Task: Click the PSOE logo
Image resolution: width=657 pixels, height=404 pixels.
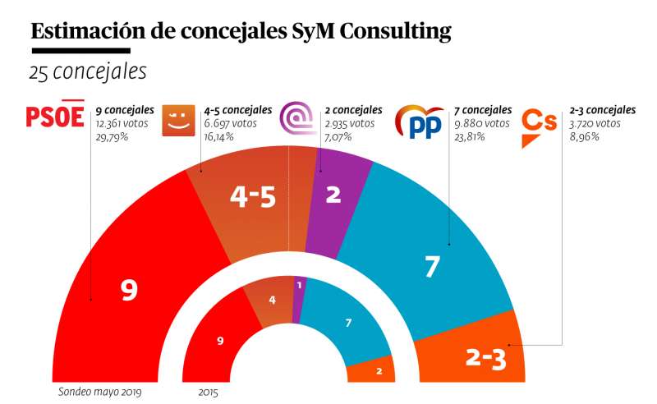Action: pos(56,117)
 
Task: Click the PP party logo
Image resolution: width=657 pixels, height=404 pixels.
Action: pos(419,122)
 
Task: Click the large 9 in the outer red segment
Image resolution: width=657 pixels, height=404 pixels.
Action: pos(128,290)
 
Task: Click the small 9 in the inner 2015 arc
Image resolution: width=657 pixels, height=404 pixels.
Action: pos(220,340)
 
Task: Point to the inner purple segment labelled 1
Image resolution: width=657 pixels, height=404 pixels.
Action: pos(299,286)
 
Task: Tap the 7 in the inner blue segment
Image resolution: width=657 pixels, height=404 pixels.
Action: pos(348,323)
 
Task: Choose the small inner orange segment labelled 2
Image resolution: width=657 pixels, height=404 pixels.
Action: pos(379,371)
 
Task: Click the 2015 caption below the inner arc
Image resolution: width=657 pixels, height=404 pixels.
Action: pos(208,391)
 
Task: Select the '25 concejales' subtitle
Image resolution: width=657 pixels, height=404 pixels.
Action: pos(88,72)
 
